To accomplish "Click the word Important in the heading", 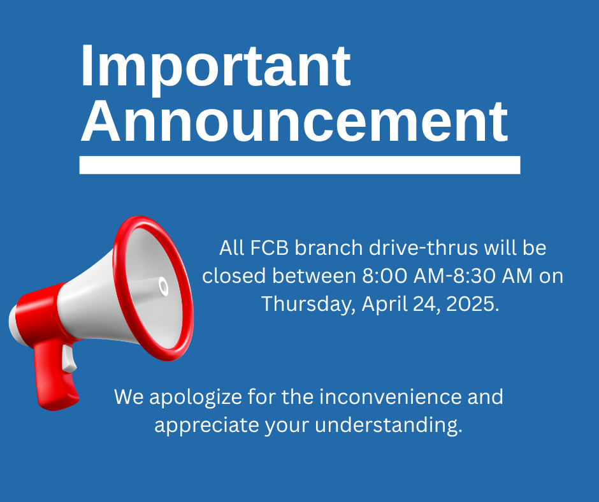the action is pos(215,69).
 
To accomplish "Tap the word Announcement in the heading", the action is pos(294,122).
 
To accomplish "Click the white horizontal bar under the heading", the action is pos(300,165).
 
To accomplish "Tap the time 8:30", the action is pos(474,276).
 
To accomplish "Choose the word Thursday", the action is pos(308,305).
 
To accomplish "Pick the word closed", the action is pos(234,276).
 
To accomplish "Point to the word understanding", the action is pos(389,426).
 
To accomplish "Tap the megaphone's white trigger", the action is pos(69,358).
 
